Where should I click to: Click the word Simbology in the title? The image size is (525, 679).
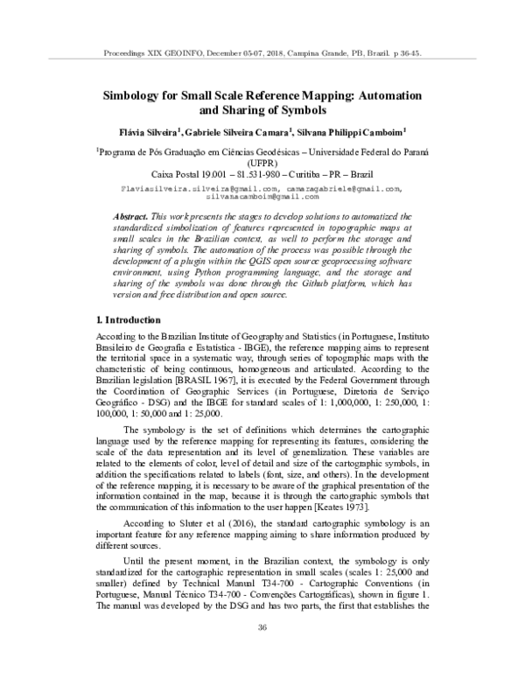tap(133, 94)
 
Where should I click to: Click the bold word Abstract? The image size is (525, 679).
tap(135, 215)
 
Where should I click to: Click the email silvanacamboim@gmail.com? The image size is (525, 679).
tap(262, 198)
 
